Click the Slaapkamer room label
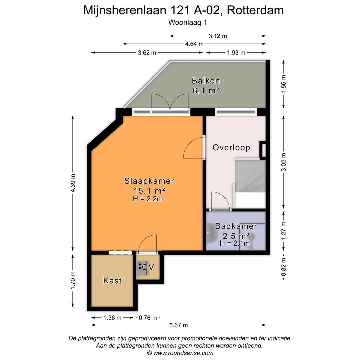pos(149,181)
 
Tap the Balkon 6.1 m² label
pos(206,85)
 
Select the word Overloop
pos(231,148)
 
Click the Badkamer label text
pos(236,226)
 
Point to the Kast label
pos(112,281)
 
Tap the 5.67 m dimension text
pos(179,325)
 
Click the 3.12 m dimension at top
pos(218,36)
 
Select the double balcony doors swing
pos(170,102)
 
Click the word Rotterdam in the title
pos(255,10)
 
